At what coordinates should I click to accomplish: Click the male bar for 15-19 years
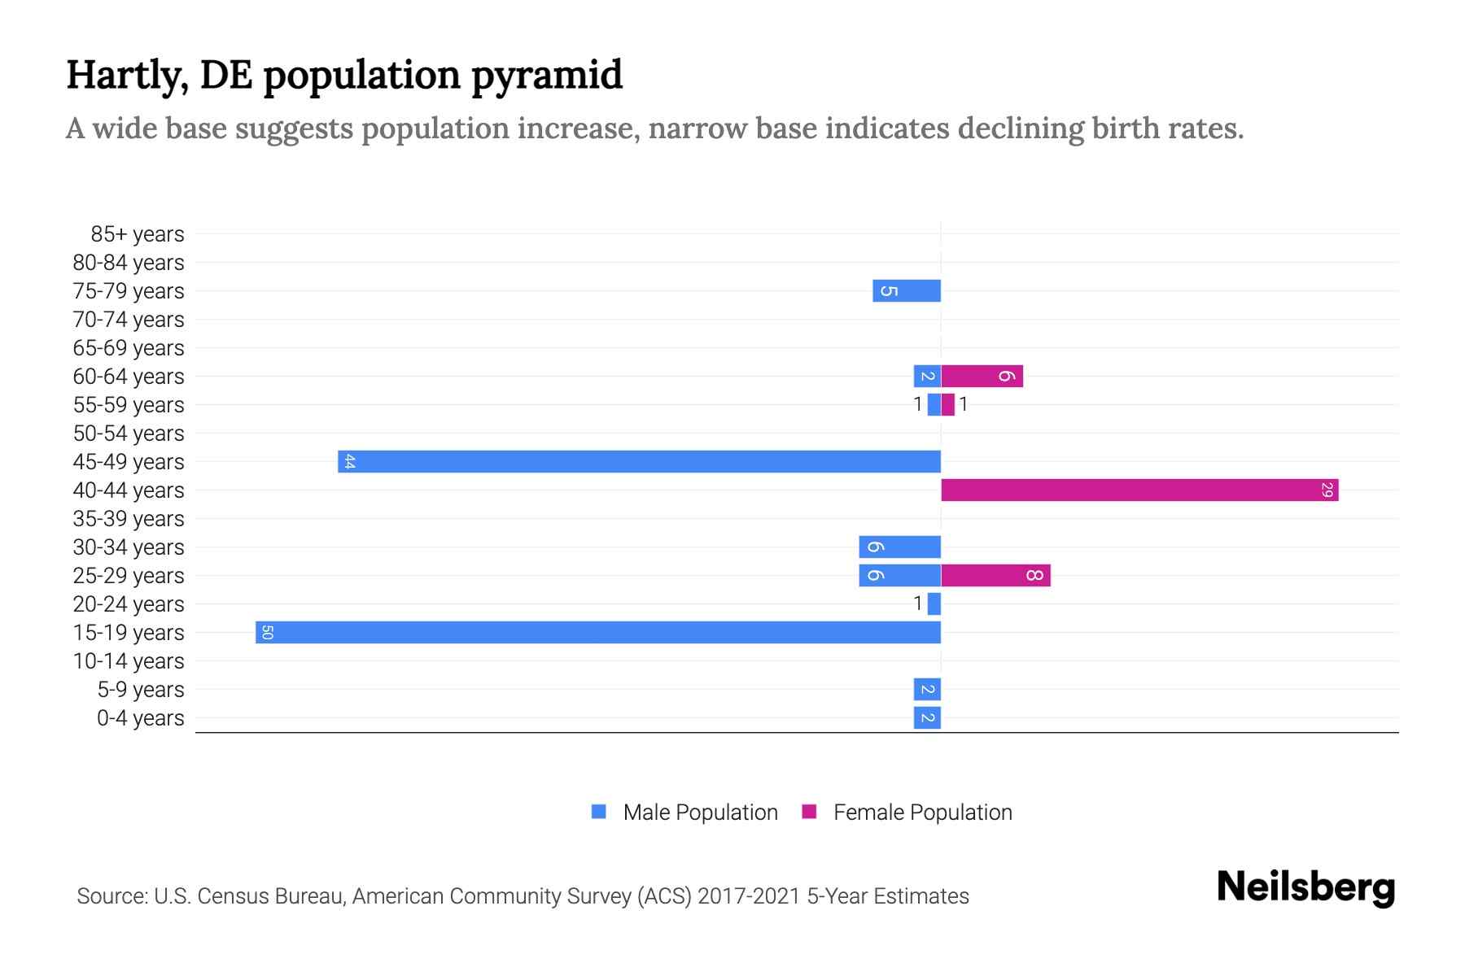point(598,632)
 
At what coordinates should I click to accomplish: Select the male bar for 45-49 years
point(639,461)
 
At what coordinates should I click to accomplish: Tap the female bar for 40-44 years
point(1139,490)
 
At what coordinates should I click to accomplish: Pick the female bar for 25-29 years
point(995,575)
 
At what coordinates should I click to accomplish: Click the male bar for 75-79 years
point(907,290)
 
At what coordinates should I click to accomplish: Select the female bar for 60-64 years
point(982,376)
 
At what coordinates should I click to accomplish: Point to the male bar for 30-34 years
point(899,547)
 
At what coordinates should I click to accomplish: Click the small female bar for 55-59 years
point(947,404)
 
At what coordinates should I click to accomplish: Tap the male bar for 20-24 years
point(934,603)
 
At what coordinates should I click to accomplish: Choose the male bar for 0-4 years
point(927,717)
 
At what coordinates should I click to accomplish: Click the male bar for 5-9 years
point(927,689)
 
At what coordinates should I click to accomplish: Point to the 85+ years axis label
point(138,234)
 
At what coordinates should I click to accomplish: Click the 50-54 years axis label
point(129,434)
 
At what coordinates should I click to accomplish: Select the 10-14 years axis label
point(129,661)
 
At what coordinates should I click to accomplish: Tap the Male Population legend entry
point(699,812)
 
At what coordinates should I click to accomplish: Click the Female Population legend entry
point(921,812)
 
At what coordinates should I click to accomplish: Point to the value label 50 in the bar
point(267,632)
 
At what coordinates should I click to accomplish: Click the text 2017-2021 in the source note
point(749,896)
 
